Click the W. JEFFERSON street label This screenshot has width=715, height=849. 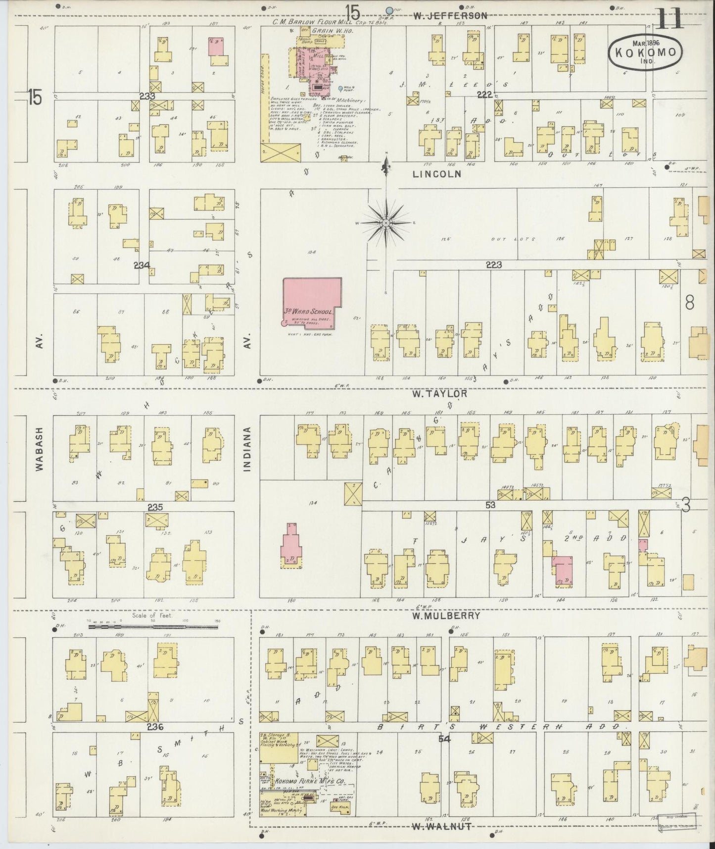[450, 16]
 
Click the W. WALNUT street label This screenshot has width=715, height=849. [441, 827]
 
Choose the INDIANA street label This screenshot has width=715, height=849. [248, 448]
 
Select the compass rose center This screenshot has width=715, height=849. [385, 224]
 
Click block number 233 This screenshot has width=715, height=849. [147, 96]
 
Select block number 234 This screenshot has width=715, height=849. [142, 265]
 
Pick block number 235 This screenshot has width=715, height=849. [155, 507]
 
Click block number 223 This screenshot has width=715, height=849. [493, 265]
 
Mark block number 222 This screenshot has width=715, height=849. [484, 95]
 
